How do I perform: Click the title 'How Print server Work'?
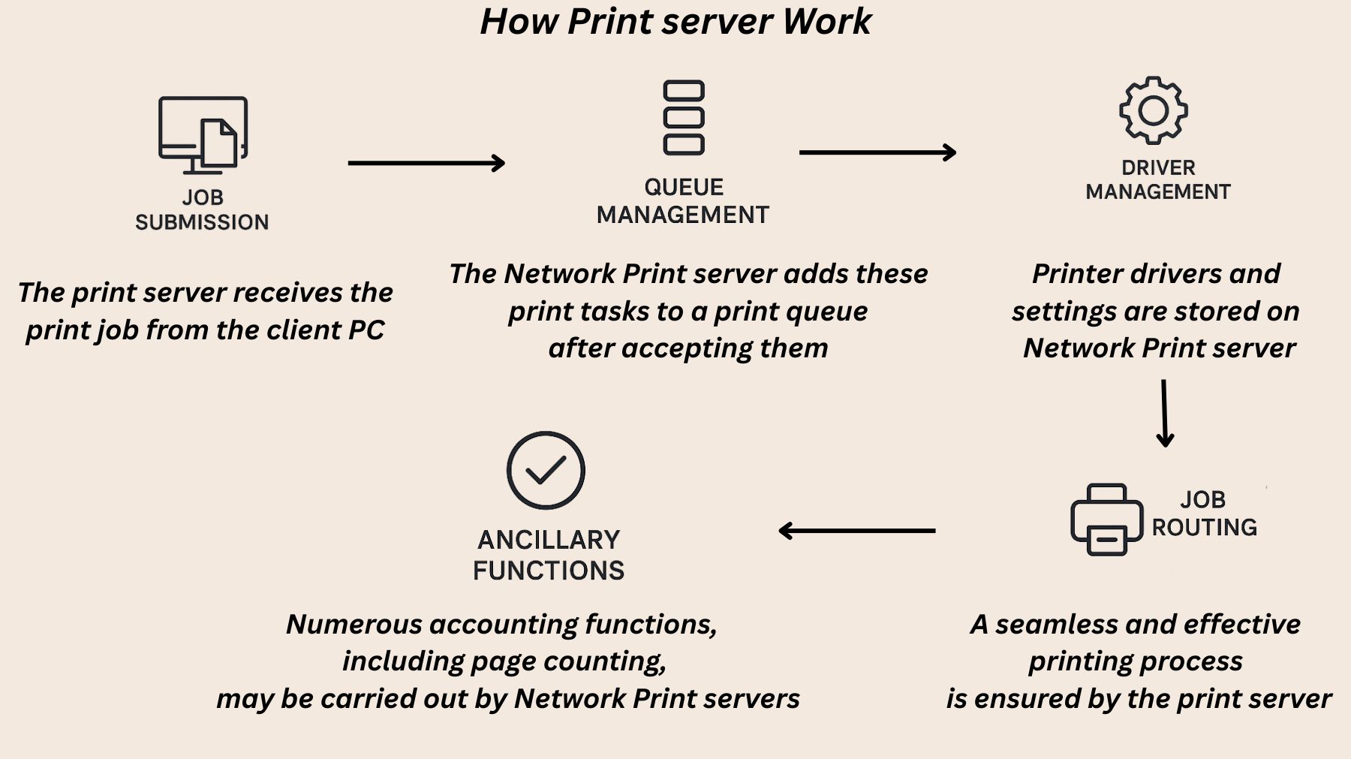[675, 21]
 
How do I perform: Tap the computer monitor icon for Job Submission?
[202, 134]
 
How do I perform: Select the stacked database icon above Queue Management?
[683, 118]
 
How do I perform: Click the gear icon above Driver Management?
[1153, 111]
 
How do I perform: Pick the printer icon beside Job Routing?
[1106, 520]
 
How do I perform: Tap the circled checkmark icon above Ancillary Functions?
[546, 471]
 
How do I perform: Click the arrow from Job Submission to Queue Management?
[426, 163]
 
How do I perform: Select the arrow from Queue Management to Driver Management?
[877, 152]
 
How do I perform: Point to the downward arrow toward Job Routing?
[1164, 413]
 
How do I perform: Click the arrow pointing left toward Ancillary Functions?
[857, 531]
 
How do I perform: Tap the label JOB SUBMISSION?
[202, 209]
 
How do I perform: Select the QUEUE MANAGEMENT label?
[683, 201]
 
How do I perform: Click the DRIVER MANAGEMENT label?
[1157, 180]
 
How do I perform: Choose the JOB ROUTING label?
[1204, 514]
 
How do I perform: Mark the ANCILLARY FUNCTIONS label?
[549, 555]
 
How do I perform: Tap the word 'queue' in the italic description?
[832, 312]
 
